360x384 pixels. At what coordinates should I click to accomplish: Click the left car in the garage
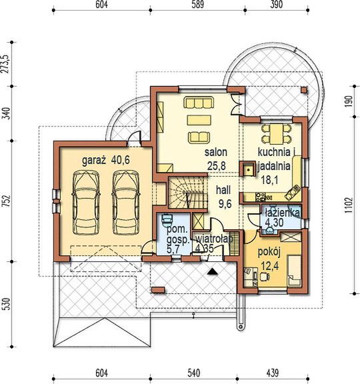click(x=86, y=203)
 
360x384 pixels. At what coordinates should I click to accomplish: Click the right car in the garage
click(x=125, y=203)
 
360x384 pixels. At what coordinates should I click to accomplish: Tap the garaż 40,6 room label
click(x=106, y=161)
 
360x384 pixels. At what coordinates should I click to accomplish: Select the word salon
click(x=216, y=152)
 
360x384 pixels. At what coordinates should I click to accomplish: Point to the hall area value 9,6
click(x=225, y=203)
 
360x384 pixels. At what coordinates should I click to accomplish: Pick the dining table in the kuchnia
click(x=277, y=134)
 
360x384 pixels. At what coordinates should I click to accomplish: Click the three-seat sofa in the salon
click(x=199, y=103)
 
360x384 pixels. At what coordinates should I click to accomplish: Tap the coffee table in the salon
click(x=199, y=120)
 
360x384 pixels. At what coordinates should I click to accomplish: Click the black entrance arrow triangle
click(x=212, y=271)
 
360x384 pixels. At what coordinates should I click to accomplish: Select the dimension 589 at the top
click(x=197, y=5)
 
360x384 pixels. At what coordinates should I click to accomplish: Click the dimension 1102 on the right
click(x=349, y=205)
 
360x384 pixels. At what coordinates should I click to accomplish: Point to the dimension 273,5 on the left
click(x=6, y=64)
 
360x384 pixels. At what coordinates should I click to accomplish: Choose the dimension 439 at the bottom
click(x=272, y=373)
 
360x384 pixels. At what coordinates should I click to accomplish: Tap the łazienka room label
click(x=283, y=213)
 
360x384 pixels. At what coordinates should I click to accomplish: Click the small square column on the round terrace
click(x=304, y=90)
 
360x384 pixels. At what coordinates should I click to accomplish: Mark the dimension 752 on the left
click(x=7, y=201)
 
